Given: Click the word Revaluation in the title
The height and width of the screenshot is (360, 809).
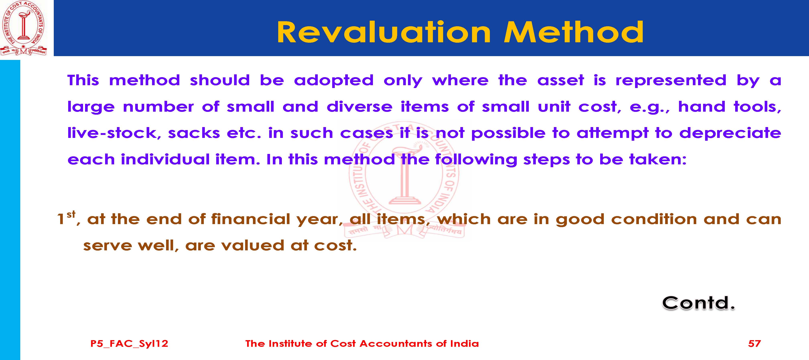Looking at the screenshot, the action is pos(384,32).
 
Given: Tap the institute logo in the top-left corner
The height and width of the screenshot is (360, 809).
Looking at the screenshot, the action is pos(23,28).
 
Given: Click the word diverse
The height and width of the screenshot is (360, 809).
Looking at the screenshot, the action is pos(360,107).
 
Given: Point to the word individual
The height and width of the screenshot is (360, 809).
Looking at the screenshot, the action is pos(165,159).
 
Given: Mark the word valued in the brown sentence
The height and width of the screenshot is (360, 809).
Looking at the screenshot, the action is pos(253,245).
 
